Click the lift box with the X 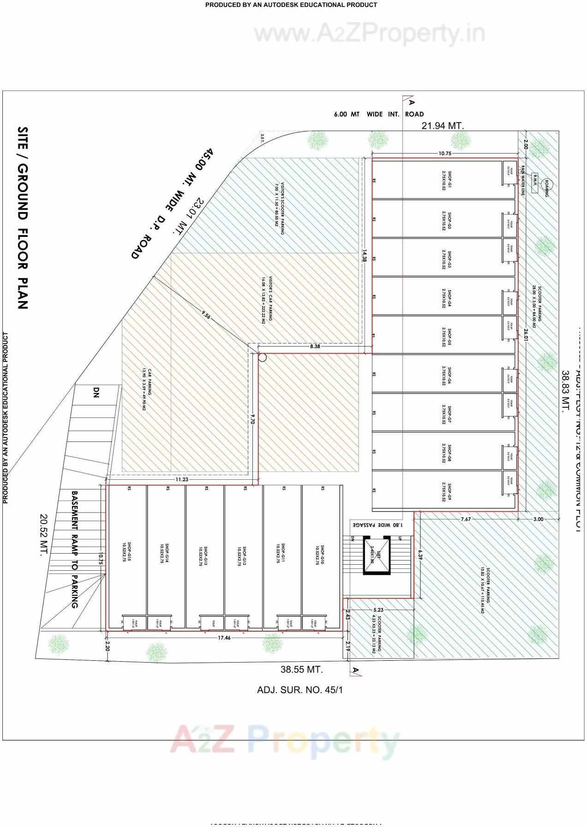pyautogui.click(x=377, y=556)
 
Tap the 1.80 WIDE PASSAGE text pyautogui.click(x=377, y=525)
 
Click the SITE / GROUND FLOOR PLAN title pyautogui.click(x=23, y=217)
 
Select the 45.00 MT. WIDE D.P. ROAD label pyautogui.click(x=173, y=204)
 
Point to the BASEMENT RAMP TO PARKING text pyautogui.click(x=75, y=549)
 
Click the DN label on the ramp pyautogui.click(x=96, y=392)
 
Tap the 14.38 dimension pyautogui.click(x=364, y=255)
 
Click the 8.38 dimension pyautogui.click(x=315, y=346)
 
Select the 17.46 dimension pyautogui.click(x=224, y=638)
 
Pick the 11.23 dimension pyautogui.click(x=182, y=479)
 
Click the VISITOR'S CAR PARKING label pyautogui.click(x=267, y=300)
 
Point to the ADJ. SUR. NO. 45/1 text pyautogui.click(x=300, y=690)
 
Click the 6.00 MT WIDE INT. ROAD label pyautogui.click(x=378, y=114)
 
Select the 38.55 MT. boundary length pyautogui.click(x=301, y=670)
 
